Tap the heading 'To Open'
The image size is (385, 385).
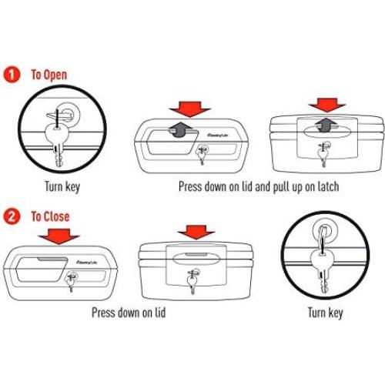(x=49, y=75)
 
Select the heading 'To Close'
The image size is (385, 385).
(x=50, y=216)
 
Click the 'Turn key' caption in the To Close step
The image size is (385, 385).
(x=325, y=313)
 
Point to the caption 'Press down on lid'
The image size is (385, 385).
(x=129, y=313)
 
